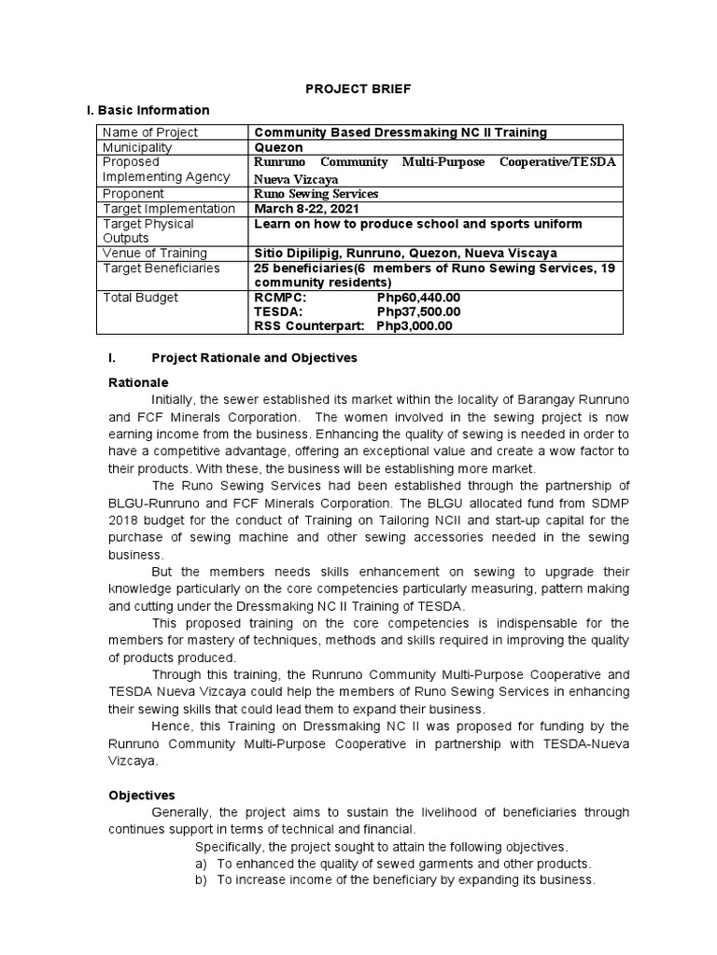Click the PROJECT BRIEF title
359,89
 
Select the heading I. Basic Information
148,111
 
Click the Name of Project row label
150,133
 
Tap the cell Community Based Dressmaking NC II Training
401,133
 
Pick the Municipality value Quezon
277,147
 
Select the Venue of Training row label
155,254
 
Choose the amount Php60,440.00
418,298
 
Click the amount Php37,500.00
418,311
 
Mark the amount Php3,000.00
415,325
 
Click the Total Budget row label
140,298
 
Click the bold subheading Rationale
139,382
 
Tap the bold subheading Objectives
143,796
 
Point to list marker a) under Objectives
201,864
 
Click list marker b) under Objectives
201,879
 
